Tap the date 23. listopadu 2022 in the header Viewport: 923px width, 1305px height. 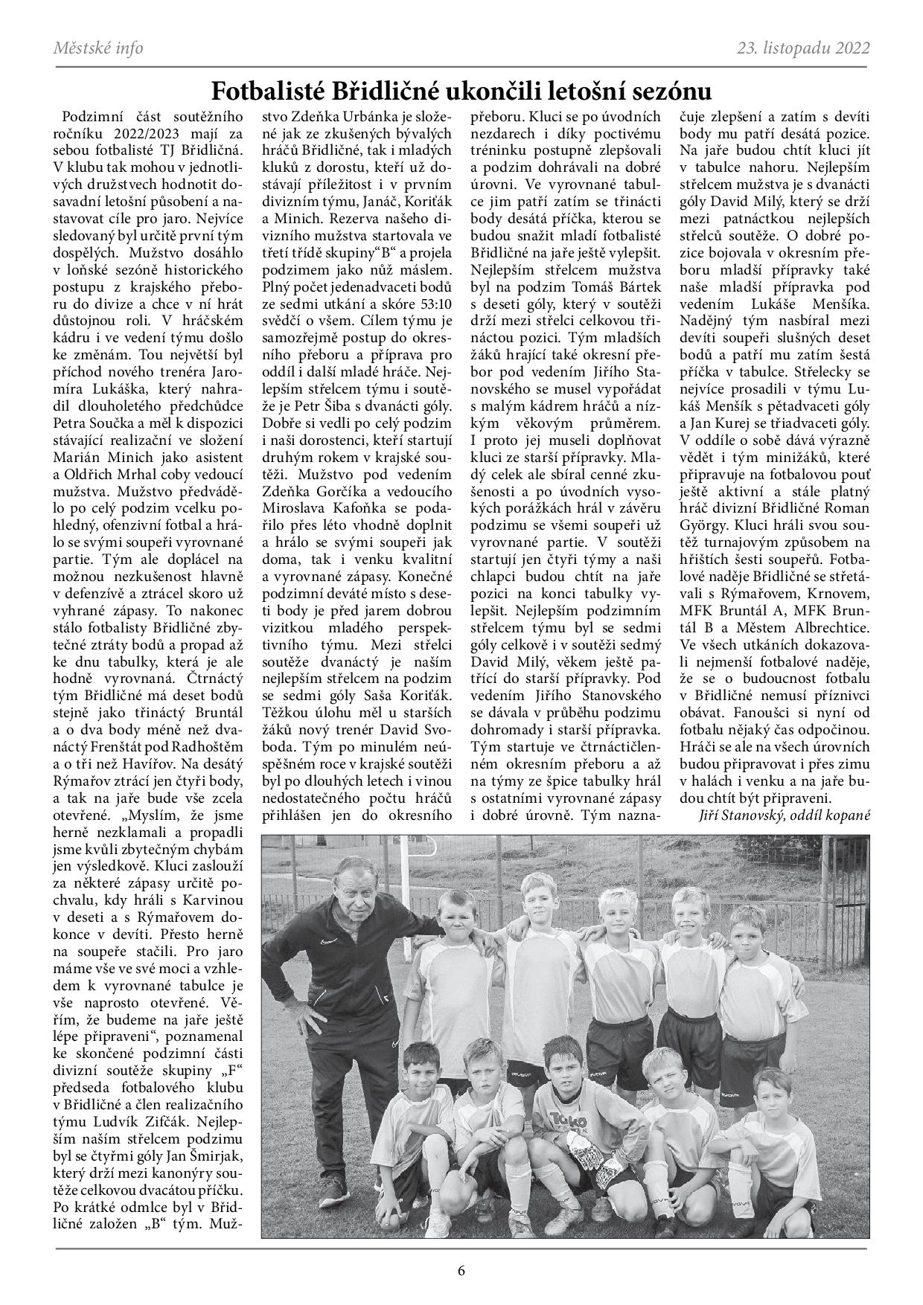(x=803, y=48)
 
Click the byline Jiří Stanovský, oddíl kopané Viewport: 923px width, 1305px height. (x=785, y=815)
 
